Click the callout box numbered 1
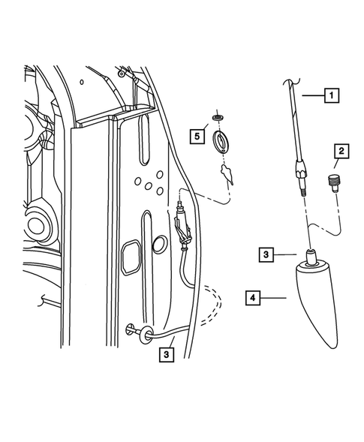tap(331, 95)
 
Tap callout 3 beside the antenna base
tap(267, 254)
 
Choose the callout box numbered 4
tap(255, 298)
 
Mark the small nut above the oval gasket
tap(219, 119)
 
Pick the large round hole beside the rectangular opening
tap(160, 244)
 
